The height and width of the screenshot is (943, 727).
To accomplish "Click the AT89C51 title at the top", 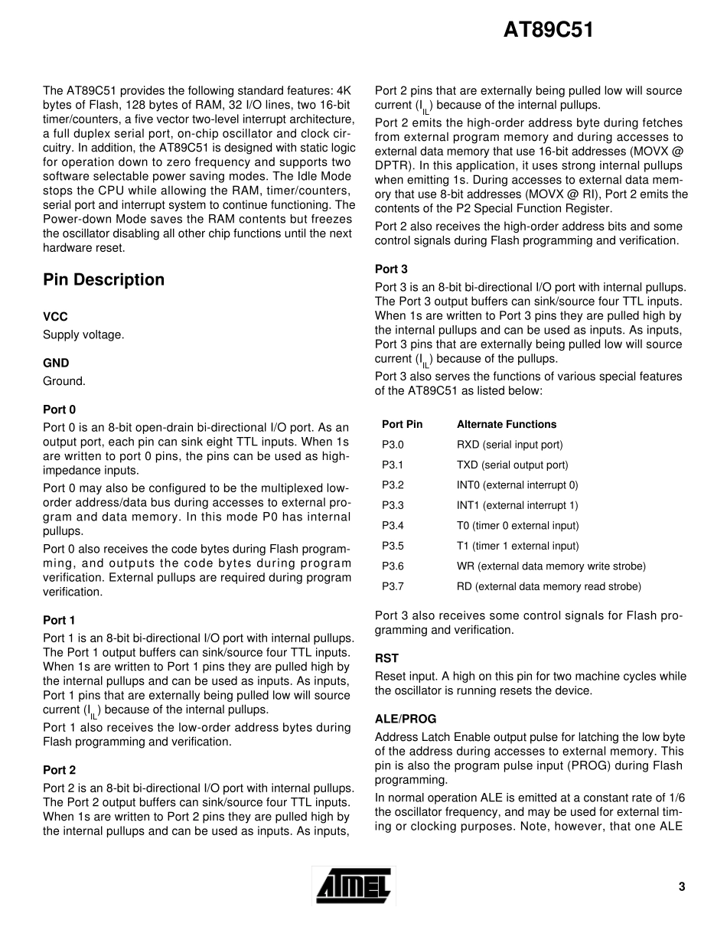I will (549, 31).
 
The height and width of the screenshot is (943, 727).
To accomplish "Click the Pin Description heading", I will (103, 280).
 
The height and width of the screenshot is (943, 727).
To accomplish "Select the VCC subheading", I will (55, 317).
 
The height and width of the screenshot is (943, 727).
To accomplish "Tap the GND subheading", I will (56, 364).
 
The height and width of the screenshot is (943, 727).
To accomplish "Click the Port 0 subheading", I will (59, 410).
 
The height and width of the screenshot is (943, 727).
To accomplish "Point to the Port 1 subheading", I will (59, 620).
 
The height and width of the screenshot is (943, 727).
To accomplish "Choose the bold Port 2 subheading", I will (59, 770).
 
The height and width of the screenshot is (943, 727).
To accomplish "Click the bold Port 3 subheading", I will (391, 269).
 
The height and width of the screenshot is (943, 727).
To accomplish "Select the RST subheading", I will (386, 658).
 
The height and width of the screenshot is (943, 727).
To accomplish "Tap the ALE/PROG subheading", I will (405, 719).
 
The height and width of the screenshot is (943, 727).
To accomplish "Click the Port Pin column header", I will (402, 424).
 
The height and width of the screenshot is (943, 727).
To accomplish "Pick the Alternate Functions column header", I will (507, 424).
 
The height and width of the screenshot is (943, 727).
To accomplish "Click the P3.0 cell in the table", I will (393, 445).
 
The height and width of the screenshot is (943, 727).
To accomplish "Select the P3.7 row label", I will (393, 586).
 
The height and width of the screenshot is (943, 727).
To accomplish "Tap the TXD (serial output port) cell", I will (512, 465).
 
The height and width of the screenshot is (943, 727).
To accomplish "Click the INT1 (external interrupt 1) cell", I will (517, 505).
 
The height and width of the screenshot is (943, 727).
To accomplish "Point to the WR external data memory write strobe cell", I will (551, 566).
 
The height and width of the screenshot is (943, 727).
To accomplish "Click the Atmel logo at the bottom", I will (354, 887).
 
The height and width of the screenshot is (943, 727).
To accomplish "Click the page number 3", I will (681, 887).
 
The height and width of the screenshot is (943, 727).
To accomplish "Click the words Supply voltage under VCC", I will (83, 334).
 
